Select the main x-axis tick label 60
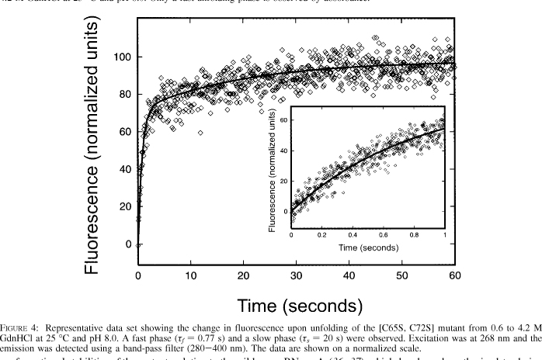[x=454, y=275]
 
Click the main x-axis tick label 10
[x=191, y=275]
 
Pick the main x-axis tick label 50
[x=401, y=275]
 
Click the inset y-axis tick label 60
[x=283, y=121]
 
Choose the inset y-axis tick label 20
[x=283, y=182]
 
